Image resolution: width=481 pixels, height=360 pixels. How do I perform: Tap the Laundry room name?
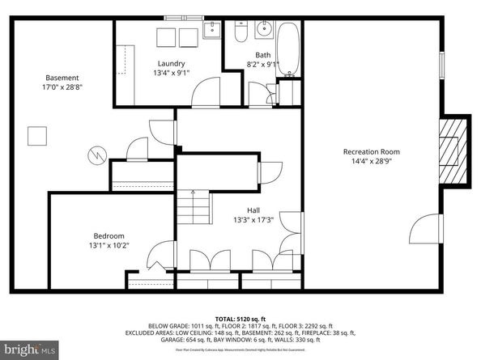click(x=171, y=63)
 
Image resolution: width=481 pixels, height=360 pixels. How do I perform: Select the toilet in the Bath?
click(x=240, y=33)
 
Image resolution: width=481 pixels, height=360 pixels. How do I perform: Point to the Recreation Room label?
click(x=371, y=151)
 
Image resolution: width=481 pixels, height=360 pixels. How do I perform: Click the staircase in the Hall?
click(x=194, y=208)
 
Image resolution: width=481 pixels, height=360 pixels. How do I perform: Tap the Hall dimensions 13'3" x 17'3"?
click(x=253, y=219)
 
